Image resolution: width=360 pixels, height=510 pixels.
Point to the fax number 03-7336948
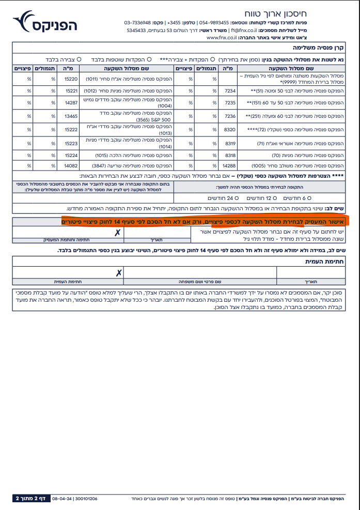tap(137, 23)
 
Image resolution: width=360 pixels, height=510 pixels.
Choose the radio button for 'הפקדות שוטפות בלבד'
tap(149, 59)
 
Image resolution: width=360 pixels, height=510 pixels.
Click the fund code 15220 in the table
tap(70, 79)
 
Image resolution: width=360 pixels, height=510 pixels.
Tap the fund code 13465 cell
tap(70, 117)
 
